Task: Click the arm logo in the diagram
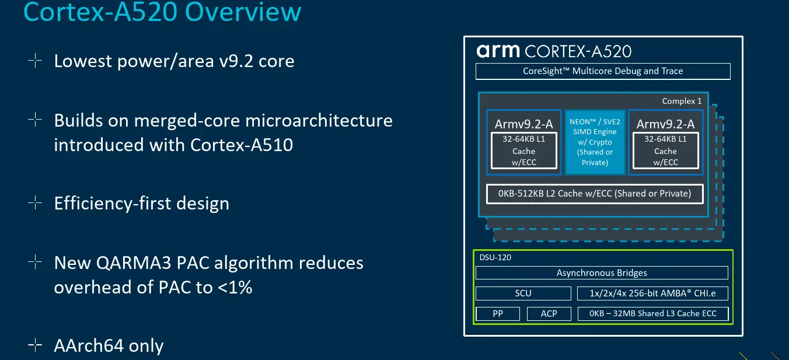pyautogui.click(x=498, y=51)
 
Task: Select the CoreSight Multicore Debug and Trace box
pyautogui.click(x=603, y=71)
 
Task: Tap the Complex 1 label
pyautogui.click(x=682, y=101)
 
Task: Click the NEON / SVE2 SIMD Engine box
pyautogui.click(x=595, y=142)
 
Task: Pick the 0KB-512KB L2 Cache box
pyautogui.click(x=595, y=194)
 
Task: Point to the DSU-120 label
pyautogui.click(x=495, y=257)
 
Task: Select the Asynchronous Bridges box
pyautogui.click(x=602, y=273)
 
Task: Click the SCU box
pyautogui.click(x=523, y=293)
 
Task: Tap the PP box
pyautogui.click(x=498, y=313)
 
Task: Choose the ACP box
pyautogui.click(x=549, y=313)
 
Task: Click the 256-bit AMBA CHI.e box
pyautogui.click(x=652, y=293)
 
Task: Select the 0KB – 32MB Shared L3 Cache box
pyautogui.click(x=652, y=313)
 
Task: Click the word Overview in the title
pyautogui.click(x=243, y=12)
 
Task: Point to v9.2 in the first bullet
pyautogui.click(x=236, y=61)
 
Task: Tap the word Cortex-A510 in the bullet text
pyautogui.click(x=241, y=145)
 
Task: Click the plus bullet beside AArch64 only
pyautogui.click(x=35, y=345)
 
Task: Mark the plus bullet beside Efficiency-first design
pyautogui.click(x=35, y=203)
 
